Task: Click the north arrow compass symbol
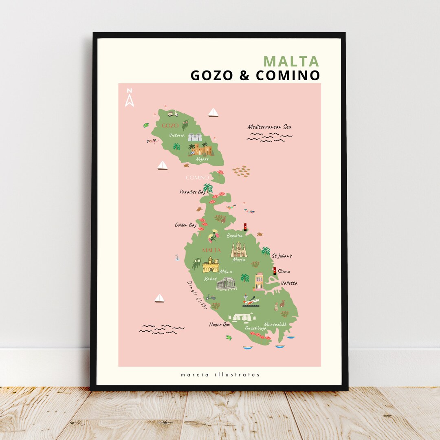[x=130, y=98]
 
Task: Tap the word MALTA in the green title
[x=291, y=61]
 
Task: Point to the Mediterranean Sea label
[x=269, y=127]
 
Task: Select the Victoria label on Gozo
[x=177, y=135]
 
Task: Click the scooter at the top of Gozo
[x=173, y=113]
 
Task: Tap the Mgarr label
[x=202, y=159]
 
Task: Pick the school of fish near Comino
[x=241, y=171]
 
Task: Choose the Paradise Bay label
[x=192, y=192]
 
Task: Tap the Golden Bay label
[x=185, y=225]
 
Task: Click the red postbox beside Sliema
[x=275, y=271]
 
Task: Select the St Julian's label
[x=282, y=256]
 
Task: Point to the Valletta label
[x=289, y=283]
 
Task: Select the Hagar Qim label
[x=220, y=325]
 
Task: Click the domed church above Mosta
[x=239, y=249]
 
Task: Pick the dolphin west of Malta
[x=177, y=257]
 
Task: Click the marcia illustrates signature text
[x=220, y=375]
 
